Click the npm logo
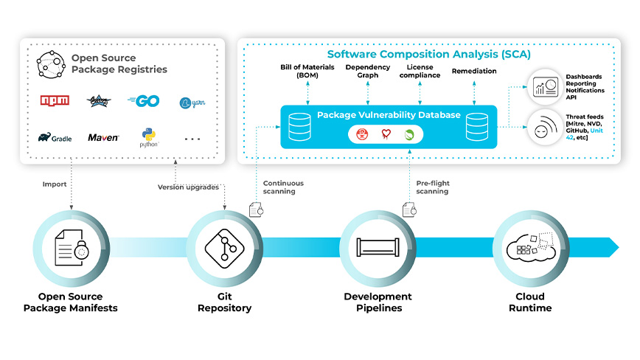(x=54, y=101)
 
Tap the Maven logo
(x=103, y=137)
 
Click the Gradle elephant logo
(x=55, y=137)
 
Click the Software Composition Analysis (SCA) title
(x=428, y=55)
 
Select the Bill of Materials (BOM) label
(x=307, y=72)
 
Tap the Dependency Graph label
(x=367, y=72)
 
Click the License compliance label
(x=420, y=72)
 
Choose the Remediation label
(x=473, y=72)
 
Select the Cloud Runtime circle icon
(x=530, y=248)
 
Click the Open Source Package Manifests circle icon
(x=71, y=248)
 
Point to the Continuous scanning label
(x=282, y=187)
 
